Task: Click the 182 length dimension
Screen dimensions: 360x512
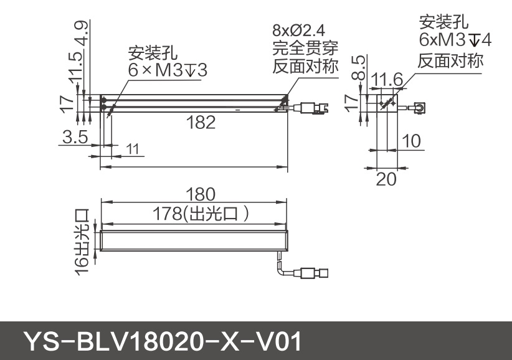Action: pos(201,123)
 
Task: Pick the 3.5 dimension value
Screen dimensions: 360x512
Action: pos(75,137)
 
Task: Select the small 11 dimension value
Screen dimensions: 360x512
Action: pos(132,149)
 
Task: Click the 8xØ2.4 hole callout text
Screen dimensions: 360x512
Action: pos(299,30)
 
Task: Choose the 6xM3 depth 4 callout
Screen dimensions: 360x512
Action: pos(455,40)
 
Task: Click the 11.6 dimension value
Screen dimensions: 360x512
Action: pos(387,79)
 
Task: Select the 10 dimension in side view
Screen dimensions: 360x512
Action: pos(411,141)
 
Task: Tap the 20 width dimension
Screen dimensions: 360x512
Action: pos(386,179)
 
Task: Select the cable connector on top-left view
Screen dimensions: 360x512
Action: pos(315,108)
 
